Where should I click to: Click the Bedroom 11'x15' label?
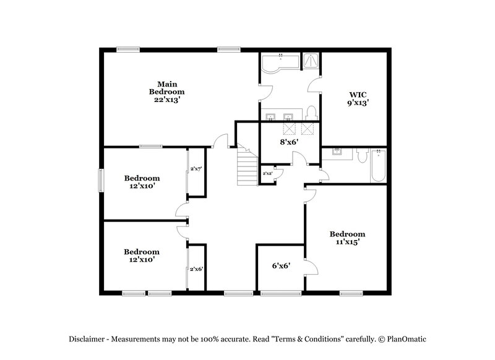tap(347, 238)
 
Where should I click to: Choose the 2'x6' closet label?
tap(197, 269)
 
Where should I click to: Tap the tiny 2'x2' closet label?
tap(267, 174)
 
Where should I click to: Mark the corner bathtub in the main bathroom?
tap(277, 64)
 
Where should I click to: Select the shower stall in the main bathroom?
tap(310, 61)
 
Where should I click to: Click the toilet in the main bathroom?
tap(311, 113)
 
